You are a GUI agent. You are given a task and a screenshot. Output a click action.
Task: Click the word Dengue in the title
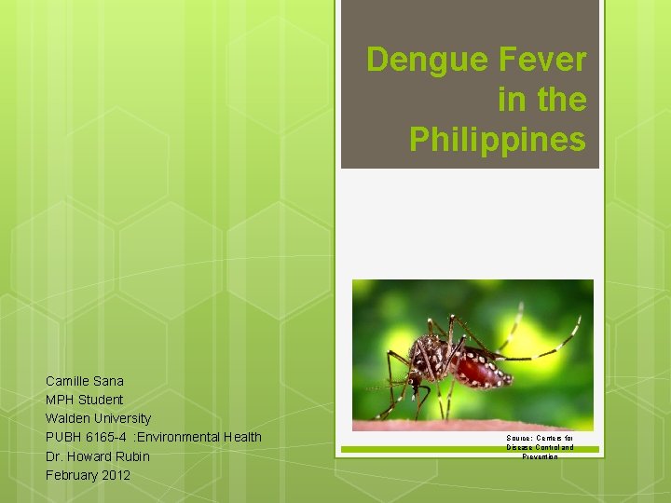click(x=417, y=61)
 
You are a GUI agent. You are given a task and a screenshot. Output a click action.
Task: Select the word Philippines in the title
click(x=498, y=139)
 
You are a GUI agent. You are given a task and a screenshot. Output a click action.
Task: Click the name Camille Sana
click(x=85, y=380)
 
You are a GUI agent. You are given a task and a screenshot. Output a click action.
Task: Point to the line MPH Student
click(x=85, y=400)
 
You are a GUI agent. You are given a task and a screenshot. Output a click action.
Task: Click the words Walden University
click(x=98, y=418)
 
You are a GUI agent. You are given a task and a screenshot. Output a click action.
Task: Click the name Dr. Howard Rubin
click(x=98, y=456)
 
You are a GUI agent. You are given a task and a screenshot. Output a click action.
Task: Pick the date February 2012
click(x=89, y=475)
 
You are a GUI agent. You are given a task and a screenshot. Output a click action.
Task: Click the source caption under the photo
click(x=541, y=446)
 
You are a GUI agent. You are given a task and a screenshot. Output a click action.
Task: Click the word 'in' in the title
click(x=512, y=100)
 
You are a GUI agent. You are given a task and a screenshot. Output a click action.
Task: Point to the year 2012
click(x=115, y=475)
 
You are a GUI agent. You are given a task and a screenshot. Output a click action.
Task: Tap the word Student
click(x=101, y=400)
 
